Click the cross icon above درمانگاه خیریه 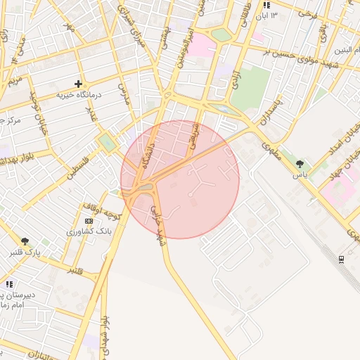(79, 84)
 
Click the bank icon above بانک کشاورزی (88, 221)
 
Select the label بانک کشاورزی (89, 231)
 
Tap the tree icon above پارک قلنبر (25, 241)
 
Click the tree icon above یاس (300, 164)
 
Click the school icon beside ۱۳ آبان (266, 5)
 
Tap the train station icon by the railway (341, 259)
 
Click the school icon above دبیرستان (9, 284)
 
